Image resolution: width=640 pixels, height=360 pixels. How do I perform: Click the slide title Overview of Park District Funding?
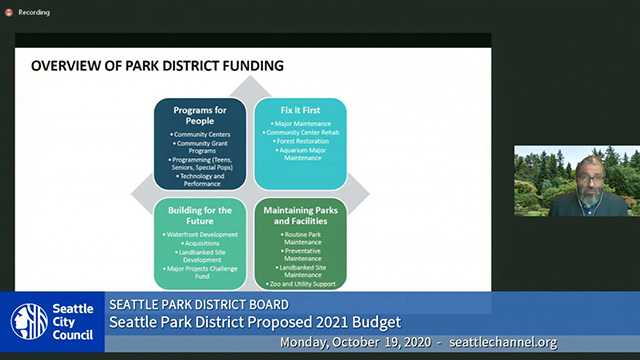pyautogui.click(x=157, y=67)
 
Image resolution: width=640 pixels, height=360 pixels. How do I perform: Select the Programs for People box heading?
pyautogui.click(x=200, y=115)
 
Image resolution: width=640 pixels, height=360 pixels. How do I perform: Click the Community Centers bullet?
pyautogui.click(x=200, y=133)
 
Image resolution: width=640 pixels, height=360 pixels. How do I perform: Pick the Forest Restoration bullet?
pyautogui.click(x=300, y=141)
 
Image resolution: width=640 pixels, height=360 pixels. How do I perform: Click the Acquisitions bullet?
pyautogui.click(x=200, y=243)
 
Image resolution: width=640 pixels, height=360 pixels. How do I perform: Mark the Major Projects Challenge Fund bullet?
pyautogui.click(x=200, y=268)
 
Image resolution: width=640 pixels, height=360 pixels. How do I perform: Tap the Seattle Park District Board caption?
pyautogui.click(x=199, y=304)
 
